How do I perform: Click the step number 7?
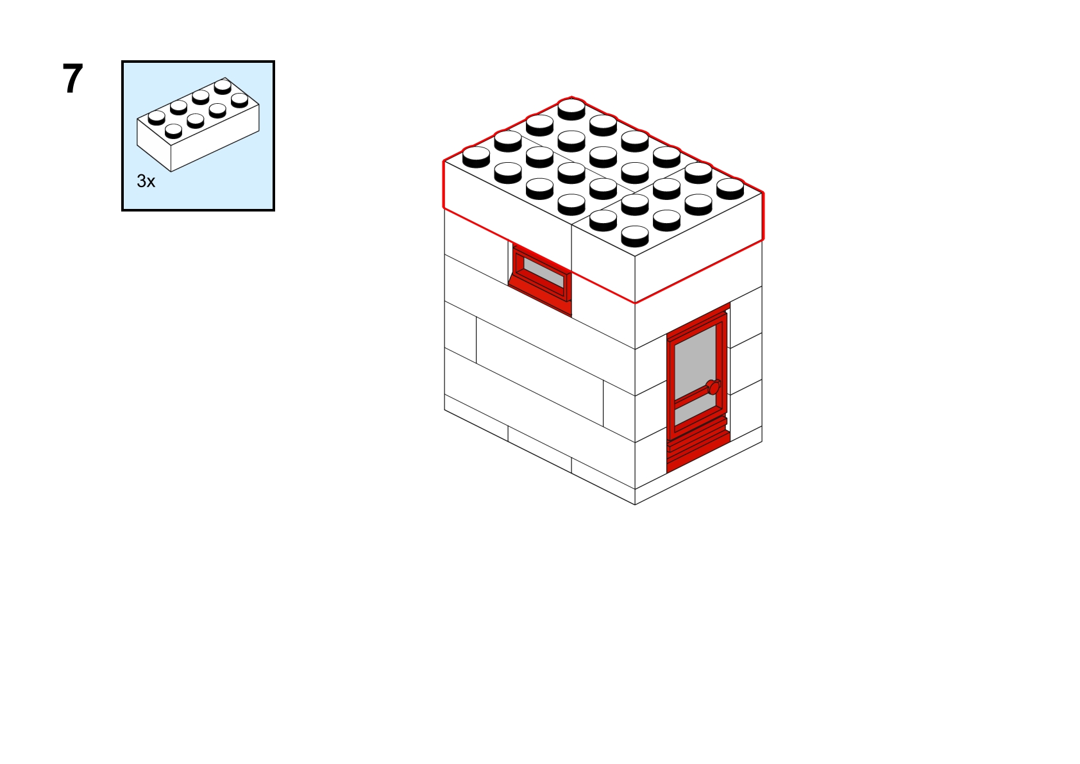tap(73, 78)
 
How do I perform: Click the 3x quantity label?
tap(146, 181)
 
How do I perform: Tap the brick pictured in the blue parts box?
tap(198, 124)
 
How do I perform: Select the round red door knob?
tap(714, 387)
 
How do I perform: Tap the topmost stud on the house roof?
tap(571, 108)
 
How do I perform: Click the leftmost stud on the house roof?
tap(476, 157)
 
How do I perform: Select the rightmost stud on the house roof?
tap(730, 188)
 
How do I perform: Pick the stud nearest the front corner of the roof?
tap(635, 236)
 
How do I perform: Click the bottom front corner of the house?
tap(635, 505)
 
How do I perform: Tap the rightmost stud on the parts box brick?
tap(239, 100)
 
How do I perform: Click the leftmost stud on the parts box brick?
tap(156, 117)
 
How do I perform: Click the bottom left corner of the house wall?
tap(444, 410)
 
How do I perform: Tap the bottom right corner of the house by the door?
tap(762, 441)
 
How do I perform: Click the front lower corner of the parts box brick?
tap(171, 172)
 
